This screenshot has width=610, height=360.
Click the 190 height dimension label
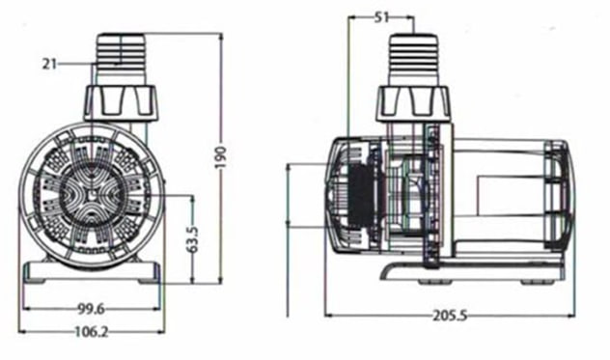pos(221,157)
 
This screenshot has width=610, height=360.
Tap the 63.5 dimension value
pos(193,239)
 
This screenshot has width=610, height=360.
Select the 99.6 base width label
pos(91,309)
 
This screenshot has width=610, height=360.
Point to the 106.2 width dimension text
pos(92,332)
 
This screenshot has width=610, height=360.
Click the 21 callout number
pos(49,64)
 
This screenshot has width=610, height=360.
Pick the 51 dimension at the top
pos(381,17)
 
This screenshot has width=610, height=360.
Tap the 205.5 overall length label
pos(450,316)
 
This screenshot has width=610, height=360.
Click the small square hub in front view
pos(92,196)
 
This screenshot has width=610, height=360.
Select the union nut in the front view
pos(121,102)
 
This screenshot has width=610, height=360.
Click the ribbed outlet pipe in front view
pos(121,59)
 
